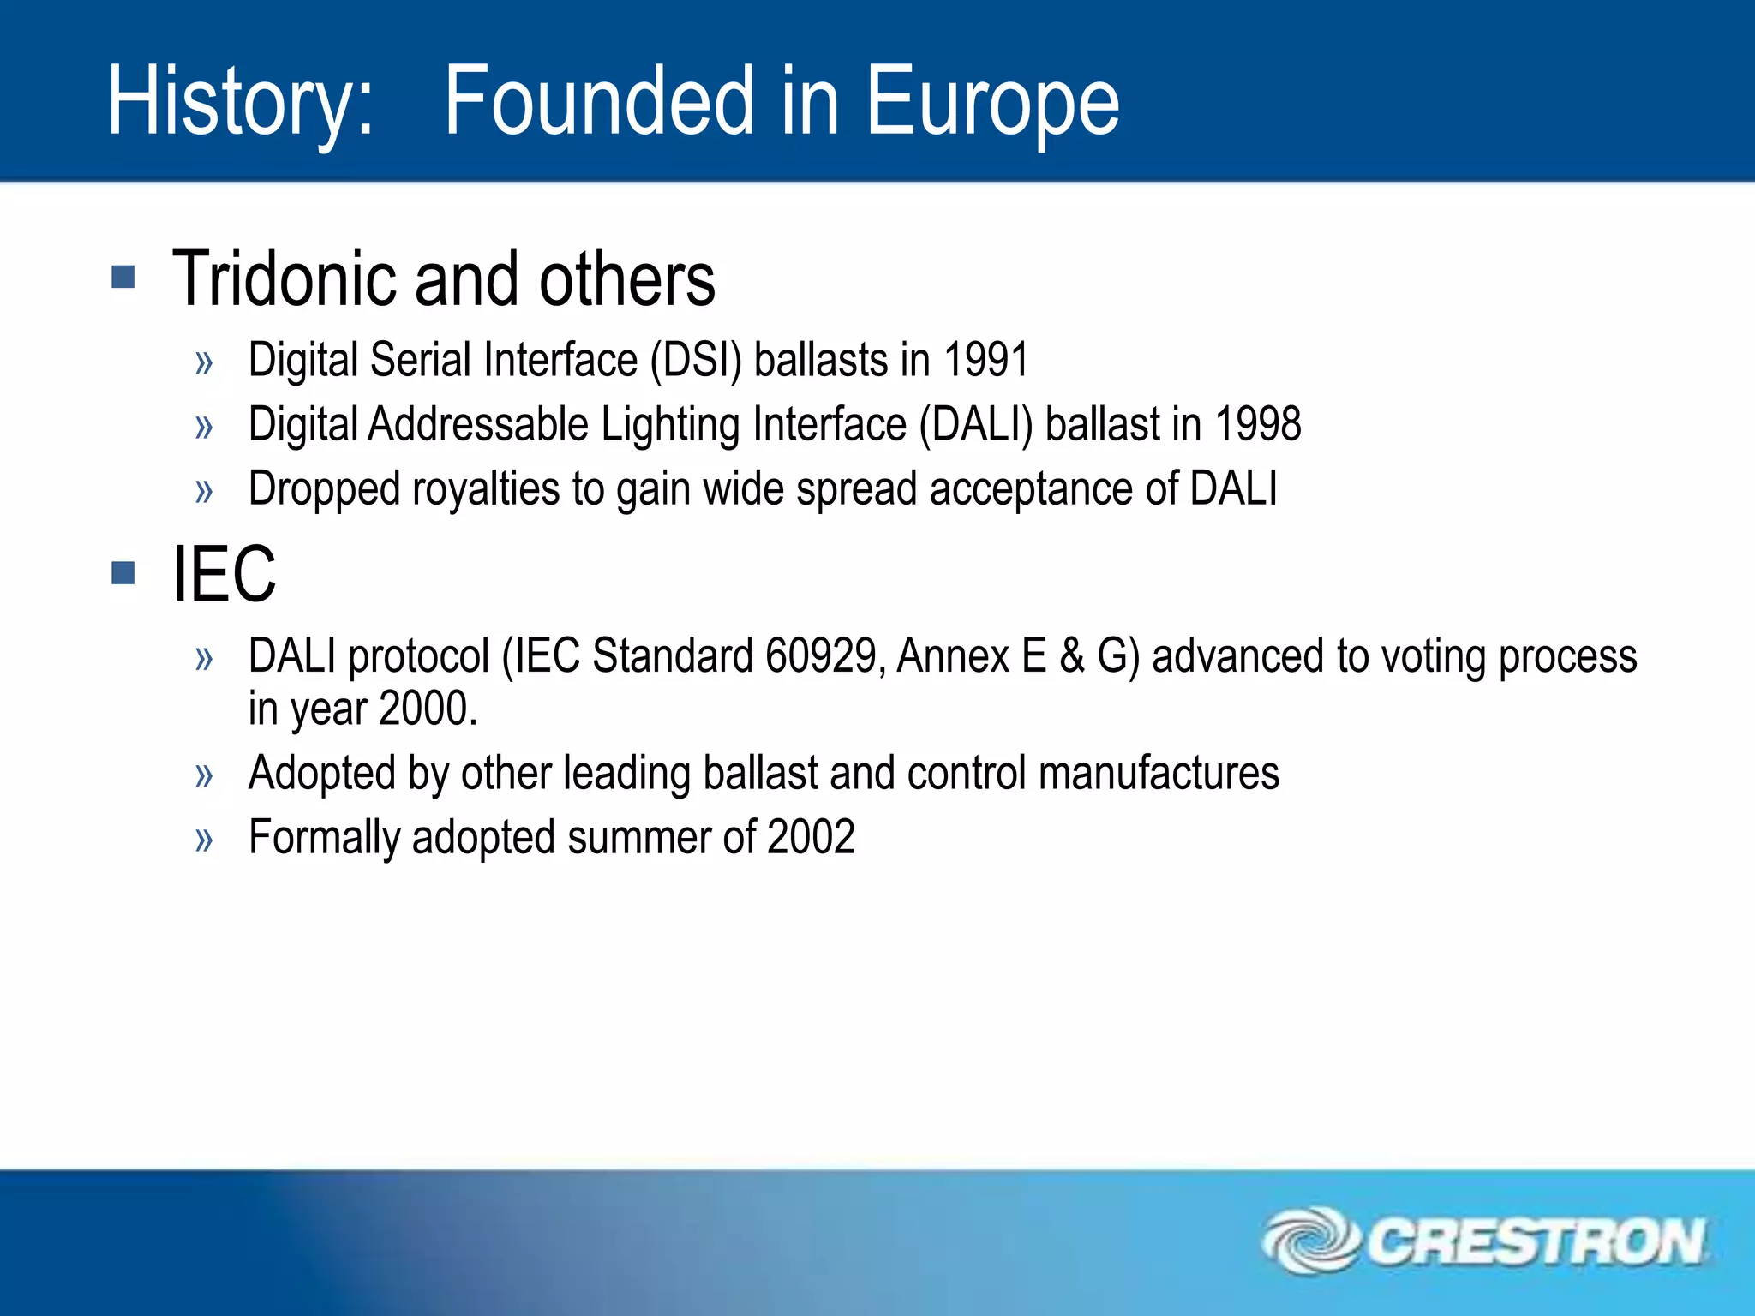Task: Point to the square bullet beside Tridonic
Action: click(x=123, y=277)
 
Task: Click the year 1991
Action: click(x=985, y=360)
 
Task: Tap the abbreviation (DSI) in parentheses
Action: click(x=696, y=360)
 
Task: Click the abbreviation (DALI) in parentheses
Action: click(x=976, y=424)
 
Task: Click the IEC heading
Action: click(x=225, y=574)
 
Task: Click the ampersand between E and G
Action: click(x=1072, y=656)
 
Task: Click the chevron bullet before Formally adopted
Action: click(x=204, y=840)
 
